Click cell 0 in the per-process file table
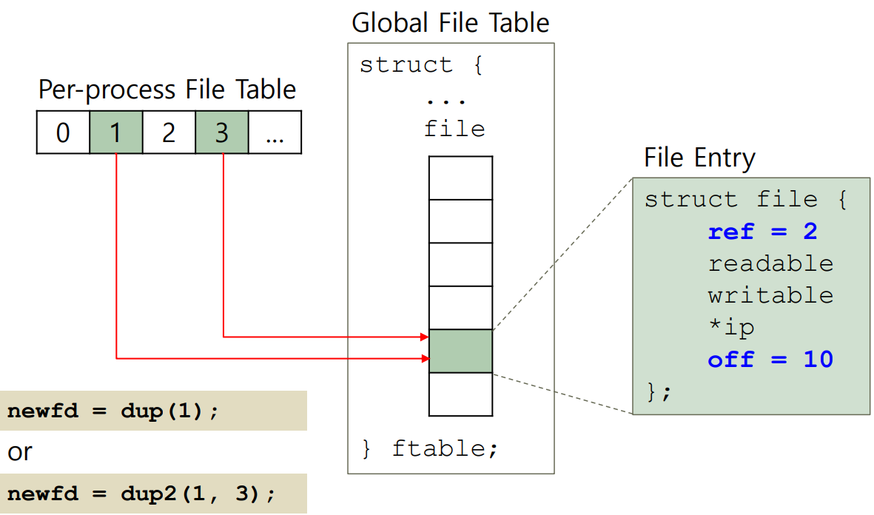[63, 132]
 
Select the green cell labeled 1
[115, 132]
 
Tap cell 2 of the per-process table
[169, 132]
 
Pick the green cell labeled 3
[221, 132]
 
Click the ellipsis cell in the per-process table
[275, 132]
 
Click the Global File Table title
[450, 23]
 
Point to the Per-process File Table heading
[167, 90]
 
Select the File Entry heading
[699, 158]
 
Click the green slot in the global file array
[460, 351]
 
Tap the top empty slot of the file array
[460, 178]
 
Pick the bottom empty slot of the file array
[460, 394]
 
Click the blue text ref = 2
[762, 232]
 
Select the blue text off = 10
[770, 360]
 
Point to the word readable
[770, 264]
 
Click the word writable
[770, 296]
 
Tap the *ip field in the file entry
[731, 328]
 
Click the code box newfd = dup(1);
[153, 411]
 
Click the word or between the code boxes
[20, 451]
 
